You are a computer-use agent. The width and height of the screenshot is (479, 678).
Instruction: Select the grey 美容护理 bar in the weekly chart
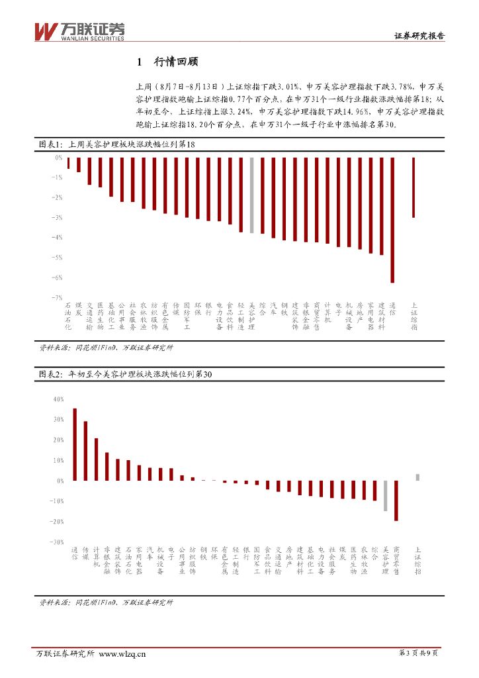pyautogui.click(x=251, y=195)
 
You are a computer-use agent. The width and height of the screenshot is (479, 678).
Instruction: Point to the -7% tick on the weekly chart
pyautogui.click(x=58, y=298)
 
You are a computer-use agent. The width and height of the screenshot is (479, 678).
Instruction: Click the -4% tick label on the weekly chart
pyautogui.click(x=58, y=238)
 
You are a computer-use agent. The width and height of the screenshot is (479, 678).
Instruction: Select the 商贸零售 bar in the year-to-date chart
pyautogui.click(x=396, y=501)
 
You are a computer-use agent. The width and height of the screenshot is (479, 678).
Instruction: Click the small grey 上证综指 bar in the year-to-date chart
pyautogui.click(x=417, y=477)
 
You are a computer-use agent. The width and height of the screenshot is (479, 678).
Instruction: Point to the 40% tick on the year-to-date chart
pyautogui.click(x=57, y=399)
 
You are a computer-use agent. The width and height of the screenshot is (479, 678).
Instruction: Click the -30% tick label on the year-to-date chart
pyautogui.click(x=56, y=542)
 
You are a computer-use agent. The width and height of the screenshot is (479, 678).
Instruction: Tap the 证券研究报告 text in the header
pyautogui.click(x=419, y=36)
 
